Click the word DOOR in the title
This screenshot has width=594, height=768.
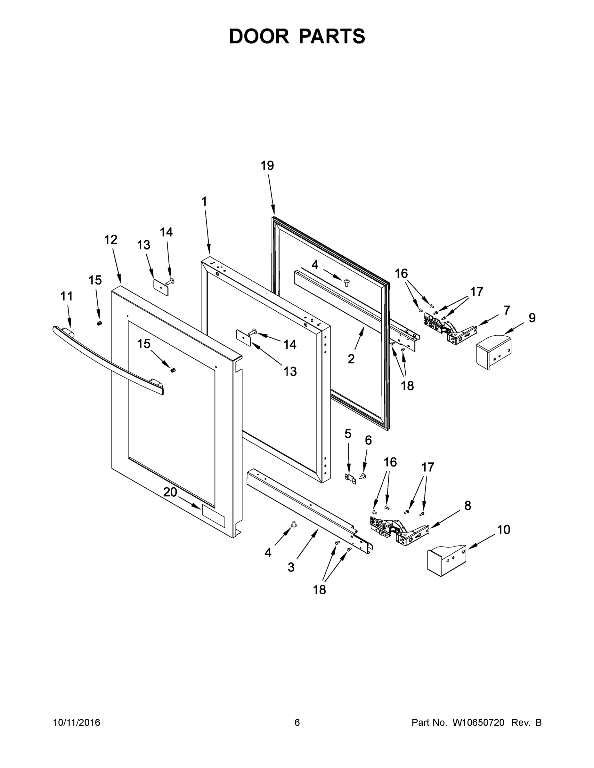[x=259, y=36]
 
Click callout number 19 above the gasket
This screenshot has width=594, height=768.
[x=267, y=165]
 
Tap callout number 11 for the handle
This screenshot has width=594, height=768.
[x=67, y=296]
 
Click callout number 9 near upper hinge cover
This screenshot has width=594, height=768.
[x=532, y=317]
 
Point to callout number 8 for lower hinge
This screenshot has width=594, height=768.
[x=467, y=506]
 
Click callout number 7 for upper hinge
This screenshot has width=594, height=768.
[x=506, y=310]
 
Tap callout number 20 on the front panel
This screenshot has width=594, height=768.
[x=170, y=492]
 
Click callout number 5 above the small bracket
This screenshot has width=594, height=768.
[x=348, y=434]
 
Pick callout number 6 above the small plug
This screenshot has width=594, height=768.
[x=368, y=440]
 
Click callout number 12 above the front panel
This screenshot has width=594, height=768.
[x=110, y=239]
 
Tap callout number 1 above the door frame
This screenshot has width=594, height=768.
[x=204, y=202]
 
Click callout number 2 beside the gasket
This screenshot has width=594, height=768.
[x=351, y=359]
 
